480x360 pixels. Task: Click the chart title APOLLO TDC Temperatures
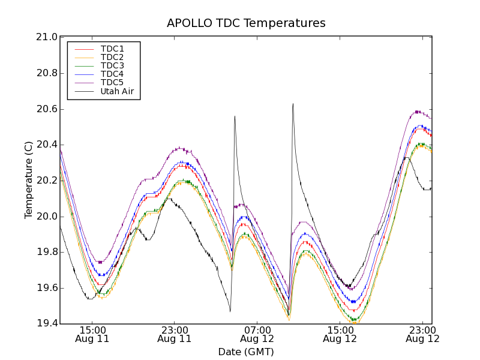tap(246, 23)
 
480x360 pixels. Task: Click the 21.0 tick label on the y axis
tap(47, 37)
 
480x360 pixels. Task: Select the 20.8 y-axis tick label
tap(47, 73)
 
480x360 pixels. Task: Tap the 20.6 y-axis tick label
tap(47, 109)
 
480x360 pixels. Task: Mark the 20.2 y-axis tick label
tap(47, 181)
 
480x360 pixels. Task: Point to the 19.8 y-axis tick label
tap(47, 252)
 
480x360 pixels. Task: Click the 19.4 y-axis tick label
tap(47, 324)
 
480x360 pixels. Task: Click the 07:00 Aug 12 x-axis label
tap(257, 334)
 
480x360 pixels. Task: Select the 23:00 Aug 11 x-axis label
tap(174, 334)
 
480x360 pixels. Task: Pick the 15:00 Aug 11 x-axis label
tap(92, 334)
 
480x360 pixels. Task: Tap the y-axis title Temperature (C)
tap(29, 180)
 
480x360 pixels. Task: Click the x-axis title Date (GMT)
tap(246, 352)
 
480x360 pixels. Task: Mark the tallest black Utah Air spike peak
tap(293, 104)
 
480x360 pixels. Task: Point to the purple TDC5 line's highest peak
tap(418, 111)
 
